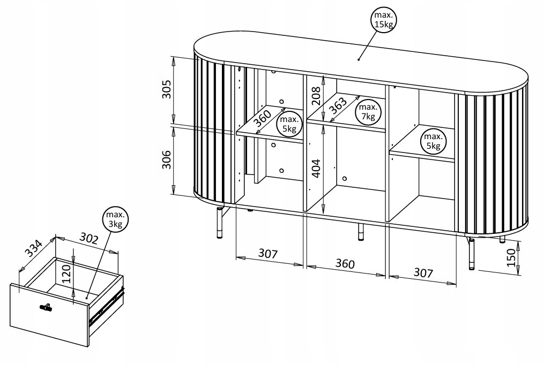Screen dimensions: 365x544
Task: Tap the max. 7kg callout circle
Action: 368,112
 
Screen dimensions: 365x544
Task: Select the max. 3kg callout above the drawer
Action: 115,220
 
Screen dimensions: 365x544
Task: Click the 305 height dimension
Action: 166,89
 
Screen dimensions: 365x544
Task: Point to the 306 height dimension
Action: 166,159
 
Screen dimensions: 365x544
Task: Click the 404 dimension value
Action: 316,169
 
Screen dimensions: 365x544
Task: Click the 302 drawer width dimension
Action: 88,238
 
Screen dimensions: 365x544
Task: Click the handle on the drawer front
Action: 46,307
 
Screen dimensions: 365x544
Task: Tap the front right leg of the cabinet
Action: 472,254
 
